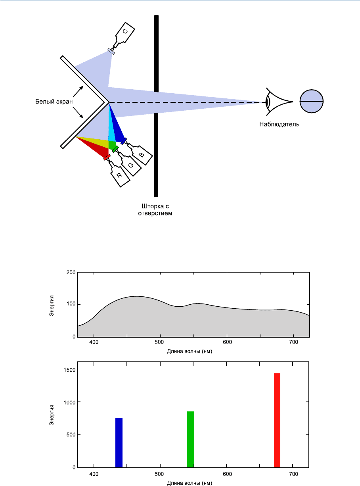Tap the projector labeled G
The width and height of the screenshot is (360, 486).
tap(129, 163)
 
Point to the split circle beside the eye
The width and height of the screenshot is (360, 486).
tap(311, 101)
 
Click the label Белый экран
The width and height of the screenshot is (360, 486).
tap(54, 102)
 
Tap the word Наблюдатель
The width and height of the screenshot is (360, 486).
tap(279, 124)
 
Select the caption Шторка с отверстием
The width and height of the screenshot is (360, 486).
tap(155, 210)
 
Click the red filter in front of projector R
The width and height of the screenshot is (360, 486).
tap(107, 158)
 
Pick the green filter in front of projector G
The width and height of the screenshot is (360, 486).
tap(115, 149)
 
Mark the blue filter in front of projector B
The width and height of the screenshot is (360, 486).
tap(124, 141)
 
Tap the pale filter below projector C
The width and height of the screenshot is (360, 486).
tap(111, 52)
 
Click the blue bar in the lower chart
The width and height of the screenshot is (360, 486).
tap(119, 443)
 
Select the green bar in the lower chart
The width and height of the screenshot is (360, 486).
tap(191, 440)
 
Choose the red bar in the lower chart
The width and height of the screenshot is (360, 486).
tap(277, 421)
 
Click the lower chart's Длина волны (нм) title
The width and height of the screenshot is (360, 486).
tap(190, 483)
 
